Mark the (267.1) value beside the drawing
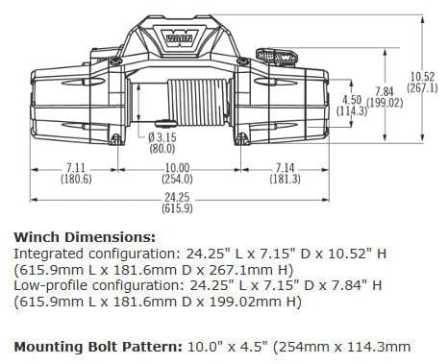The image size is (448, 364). (422, 86)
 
